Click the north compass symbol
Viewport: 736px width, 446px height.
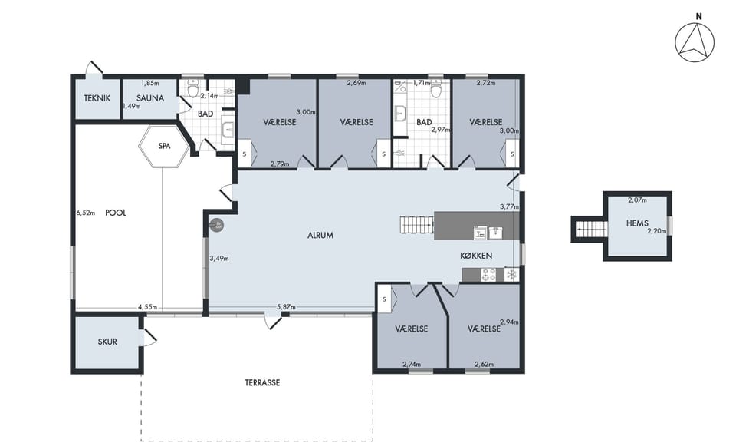tap(695, 42)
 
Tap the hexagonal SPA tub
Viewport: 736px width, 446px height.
tap(164, 146)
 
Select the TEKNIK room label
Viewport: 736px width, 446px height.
tap(97, 98)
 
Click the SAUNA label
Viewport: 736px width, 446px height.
tap(150, 98)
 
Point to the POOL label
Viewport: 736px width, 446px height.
tap(116, 213)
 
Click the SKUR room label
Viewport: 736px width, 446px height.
tap(107, 342)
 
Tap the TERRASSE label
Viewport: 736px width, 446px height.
tap(262, 383)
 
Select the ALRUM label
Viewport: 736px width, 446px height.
tap(320, 236)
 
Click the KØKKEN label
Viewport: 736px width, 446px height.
tap(476, 256)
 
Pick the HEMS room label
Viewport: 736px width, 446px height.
tap(637, 223)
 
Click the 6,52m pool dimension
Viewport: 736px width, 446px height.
tap(85, 213)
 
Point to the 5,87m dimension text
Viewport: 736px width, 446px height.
tap(286, 307)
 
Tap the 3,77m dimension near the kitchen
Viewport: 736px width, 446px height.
tap(510, 206)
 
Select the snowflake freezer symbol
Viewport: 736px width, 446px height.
tap(511, 275)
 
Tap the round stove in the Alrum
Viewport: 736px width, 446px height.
tap(216, 226)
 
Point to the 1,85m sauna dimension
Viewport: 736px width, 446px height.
tap(150, 83)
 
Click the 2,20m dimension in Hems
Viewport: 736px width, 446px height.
tap(657, 231)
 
